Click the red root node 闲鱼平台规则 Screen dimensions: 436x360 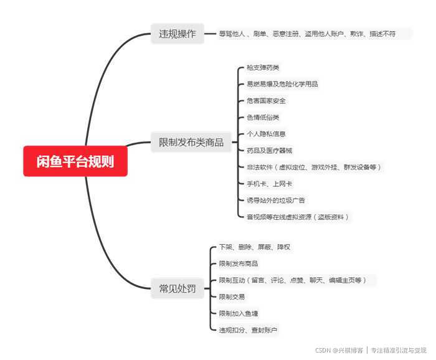(75, 161)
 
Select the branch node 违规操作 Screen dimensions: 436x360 (178, 34)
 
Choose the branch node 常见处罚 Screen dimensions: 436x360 (178, 288)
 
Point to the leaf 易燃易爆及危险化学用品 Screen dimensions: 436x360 (282, 84)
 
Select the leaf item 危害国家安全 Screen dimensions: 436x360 (266, 101)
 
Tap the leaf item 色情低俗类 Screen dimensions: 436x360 (263, 117)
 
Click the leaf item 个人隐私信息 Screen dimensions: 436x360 (266, 134)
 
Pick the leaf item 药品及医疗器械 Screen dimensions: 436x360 (269, 150)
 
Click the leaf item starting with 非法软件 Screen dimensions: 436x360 (313, 167)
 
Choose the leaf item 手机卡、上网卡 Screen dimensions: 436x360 (269, 184)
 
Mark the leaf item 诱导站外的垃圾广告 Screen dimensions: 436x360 (276, 201)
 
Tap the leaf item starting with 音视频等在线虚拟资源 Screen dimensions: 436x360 (298, 217)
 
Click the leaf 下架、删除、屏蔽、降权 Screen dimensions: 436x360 (254, 247)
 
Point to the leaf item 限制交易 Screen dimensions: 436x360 (232, 297)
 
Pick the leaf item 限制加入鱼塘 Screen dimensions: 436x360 (238, 313)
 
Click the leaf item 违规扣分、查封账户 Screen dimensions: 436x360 (248, 329)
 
